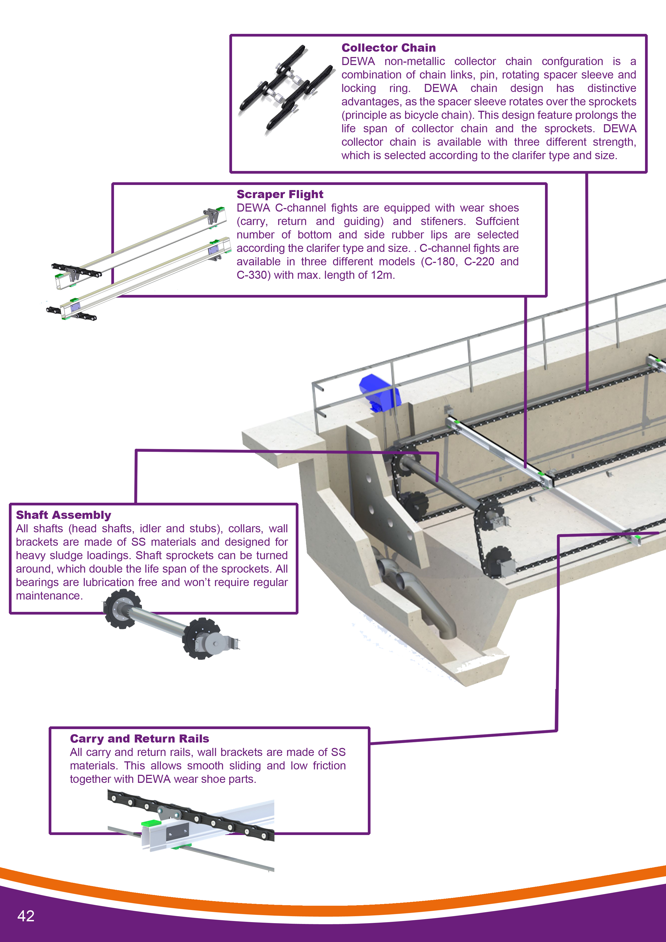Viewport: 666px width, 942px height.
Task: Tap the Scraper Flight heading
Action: pos(280,194)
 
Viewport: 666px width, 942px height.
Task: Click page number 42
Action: pos(26,916)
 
